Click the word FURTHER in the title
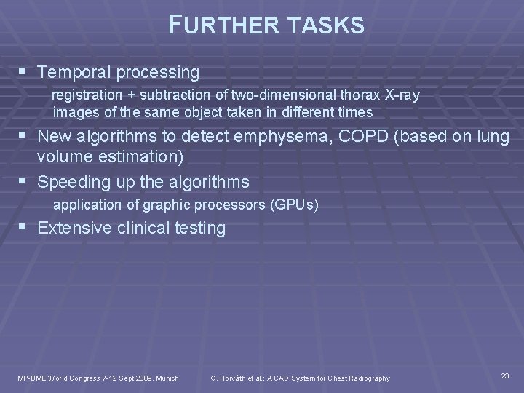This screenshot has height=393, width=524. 218,26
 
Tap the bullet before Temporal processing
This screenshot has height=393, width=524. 27,72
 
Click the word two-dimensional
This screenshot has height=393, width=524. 280,95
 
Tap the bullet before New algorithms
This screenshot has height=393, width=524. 27,136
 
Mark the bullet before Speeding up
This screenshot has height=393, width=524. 27,181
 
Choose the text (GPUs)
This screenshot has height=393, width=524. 294,205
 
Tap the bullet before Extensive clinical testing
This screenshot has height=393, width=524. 27,228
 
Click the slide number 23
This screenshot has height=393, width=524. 505,376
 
